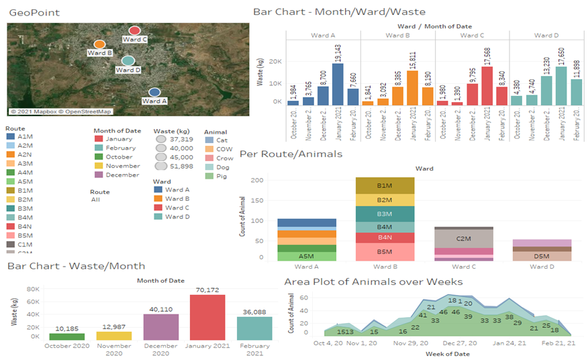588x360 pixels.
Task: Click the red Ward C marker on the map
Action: (134, 31)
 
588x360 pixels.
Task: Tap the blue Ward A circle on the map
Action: (154, 93)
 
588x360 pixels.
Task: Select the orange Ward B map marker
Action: (99, 44)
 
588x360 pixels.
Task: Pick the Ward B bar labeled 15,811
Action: (413, 87)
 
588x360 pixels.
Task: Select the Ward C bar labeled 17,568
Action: (487, 85)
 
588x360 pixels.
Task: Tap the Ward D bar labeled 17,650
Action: (561, 85)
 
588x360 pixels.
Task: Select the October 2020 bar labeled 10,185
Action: (66, 336)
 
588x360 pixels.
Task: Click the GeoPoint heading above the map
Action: (31, 13)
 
